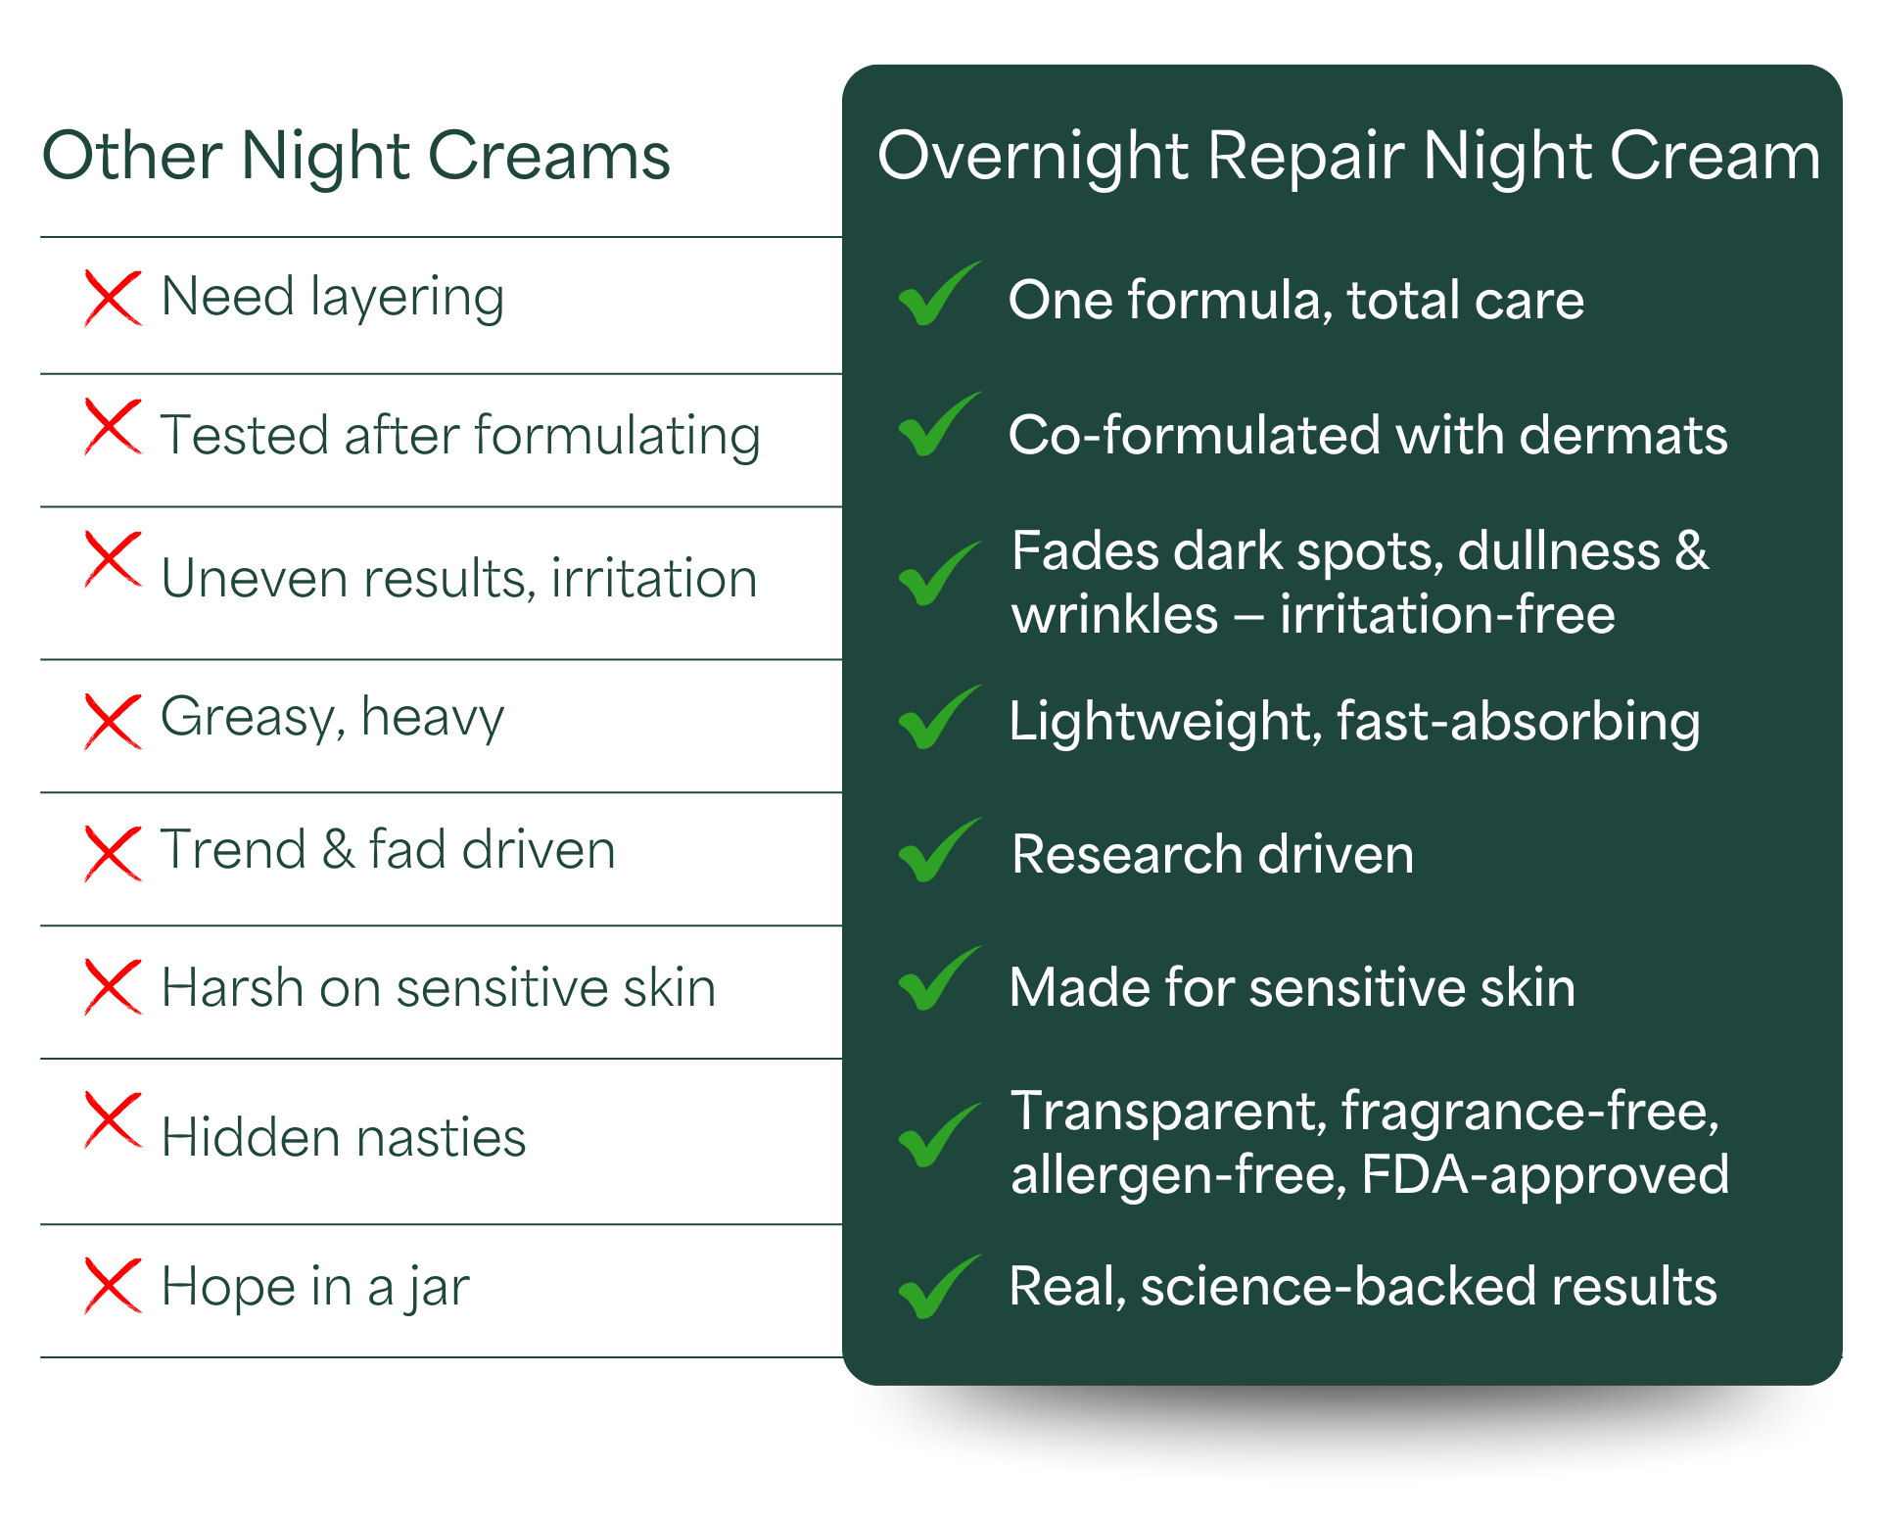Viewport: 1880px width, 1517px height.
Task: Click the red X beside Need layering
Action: click(x=113, y=298)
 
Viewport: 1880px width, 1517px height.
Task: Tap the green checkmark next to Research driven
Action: click(x=939, y=850)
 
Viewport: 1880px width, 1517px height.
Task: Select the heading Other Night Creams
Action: click(x=355, y=157)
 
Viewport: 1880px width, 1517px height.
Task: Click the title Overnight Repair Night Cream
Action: click(x=1348, y=157)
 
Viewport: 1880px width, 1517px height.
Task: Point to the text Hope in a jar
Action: click(x=315, y=1287)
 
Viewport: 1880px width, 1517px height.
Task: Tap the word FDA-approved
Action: click(x=1545, y=1175)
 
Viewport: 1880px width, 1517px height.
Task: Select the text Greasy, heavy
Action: click(x=332, y=718)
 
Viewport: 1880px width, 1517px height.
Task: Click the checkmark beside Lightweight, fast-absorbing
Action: click(x=939, y=717)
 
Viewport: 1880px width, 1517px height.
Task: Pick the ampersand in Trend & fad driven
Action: click(x=338, y=849)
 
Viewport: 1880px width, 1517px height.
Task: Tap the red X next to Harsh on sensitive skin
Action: click(x=113, y=987)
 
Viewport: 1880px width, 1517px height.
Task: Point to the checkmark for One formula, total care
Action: click(x=939, y=294)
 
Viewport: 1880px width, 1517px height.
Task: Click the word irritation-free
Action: click(x=1447, y=615)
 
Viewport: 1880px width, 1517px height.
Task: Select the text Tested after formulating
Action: click(x=460, y=436)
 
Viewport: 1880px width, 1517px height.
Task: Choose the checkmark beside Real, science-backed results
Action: click(x=939, y=1287)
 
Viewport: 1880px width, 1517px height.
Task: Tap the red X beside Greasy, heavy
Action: click(x=113, y=722)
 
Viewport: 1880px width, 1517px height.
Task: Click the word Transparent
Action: click(x=1169, y=1113)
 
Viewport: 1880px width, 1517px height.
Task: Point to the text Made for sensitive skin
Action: click(x=1292, y=987)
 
